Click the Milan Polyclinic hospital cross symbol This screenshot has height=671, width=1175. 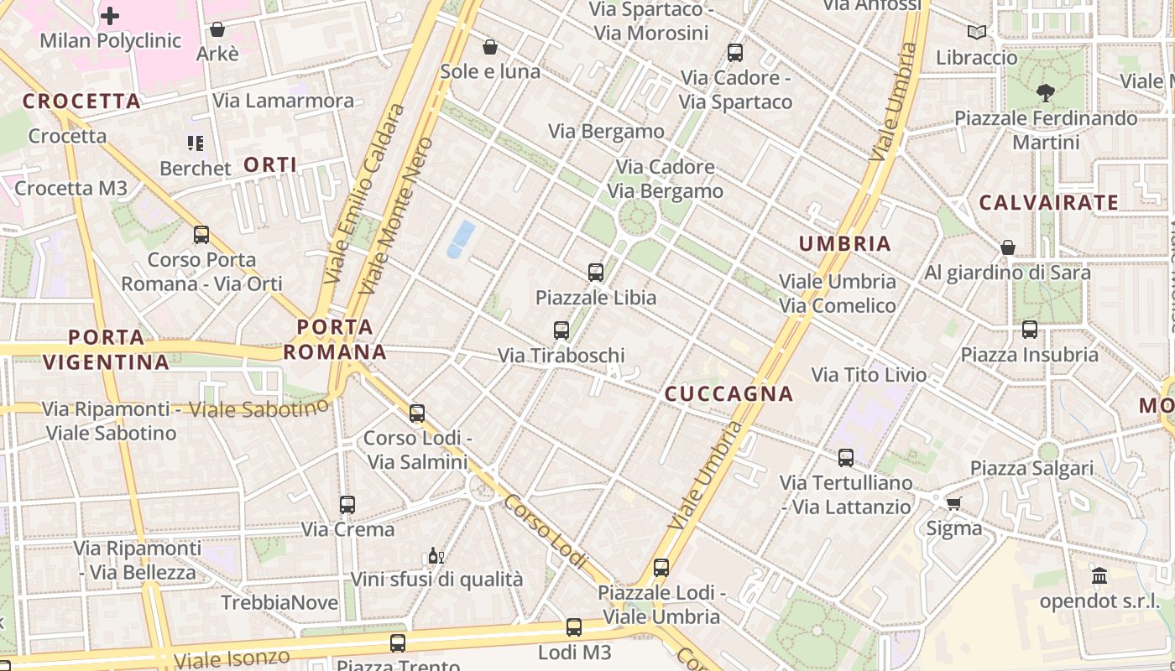tap(110, 15)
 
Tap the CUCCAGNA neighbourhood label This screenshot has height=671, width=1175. tap(728, 393)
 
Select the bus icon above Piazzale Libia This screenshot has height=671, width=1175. tap(596, 272)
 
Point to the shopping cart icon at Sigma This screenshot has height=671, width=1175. tap(953, 503)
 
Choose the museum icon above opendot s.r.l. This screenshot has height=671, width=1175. tap(1099, 576)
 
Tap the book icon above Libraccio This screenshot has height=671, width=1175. tap(976, 32)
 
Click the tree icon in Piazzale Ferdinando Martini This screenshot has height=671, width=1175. tap(1045, 93)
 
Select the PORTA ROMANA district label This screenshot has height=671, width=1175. tap(335, 340)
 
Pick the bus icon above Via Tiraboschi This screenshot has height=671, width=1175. tap(561, 330)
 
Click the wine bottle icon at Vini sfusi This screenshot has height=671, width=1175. tap(436, 555)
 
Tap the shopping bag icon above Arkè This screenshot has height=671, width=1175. tap(217, 29)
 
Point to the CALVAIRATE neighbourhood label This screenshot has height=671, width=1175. tap(1048, 202)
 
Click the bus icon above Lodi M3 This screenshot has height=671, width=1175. tap(574, 627)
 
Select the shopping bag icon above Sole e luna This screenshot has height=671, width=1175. tap(490, 47)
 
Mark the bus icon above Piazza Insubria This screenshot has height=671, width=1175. tap(1030, 329)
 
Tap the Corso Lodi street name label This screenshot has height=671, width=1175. tap(546, 531)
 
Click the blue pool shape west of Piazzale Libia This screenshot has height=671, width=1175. tap(461, 238)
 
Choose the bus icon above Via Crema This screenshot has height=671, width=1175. tap(347, 504)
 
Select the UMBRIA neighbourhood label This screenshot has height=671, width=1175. tap(844, 244)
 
